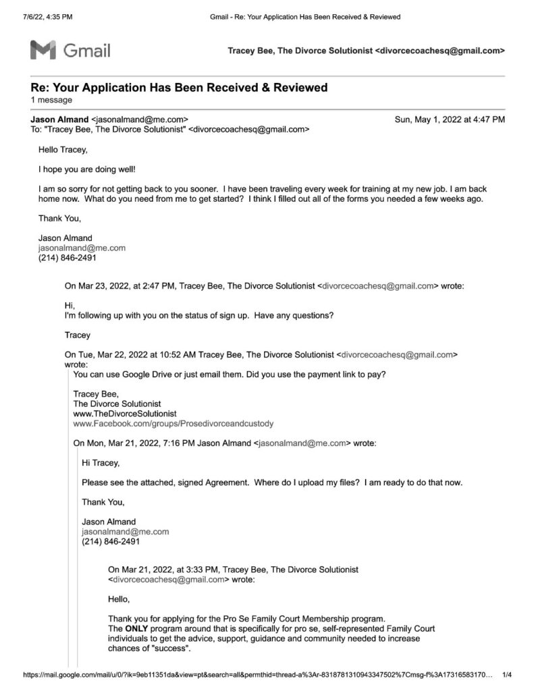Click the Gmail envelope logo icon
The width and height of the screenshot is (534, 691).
point(42,50)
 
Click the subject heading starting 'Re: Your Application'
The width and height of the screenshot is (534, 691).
point(179,88)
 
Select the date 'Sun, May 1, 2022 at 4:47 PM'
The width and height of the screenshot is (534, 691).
point(450,119)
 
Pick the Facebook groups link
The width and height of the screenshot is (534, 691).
point(173,424)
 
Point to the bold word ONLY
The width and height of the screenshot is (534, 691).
point(136,628)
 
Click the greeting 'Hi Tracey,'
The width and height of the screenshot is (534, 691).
point(101,463)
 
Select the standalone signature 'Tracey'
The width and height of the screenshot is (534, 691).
point(78,335)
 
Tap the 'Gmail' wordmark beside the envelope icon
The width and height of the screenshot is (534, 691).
point(87,50)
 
